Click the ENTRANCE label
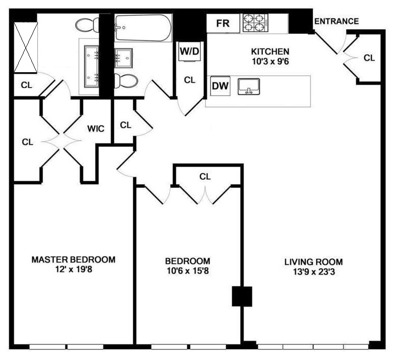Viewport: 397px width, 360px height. [336, 21]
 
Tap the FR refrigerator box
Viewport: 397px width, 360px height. [222, 23]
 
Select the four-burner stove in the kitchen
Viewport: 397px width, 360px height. [255, 22]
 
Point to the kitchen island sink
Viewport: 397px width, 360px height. [248, 87]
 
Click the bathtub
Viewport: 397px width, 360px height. [142, 27]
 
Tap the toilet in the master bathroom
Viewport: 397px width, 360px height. [86, 24]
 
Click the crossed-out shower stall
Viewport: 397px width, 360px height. [25, 47]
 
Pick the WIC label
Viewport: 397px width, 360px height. [96, 128]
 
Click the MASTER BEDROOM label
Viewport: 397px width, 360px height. [73, 259]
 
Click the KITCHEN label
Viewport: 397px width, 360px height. [270, 52]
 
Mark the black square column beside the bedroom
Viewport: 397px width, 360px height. [242, 296]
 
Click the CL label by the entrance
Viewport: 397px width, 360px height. [369, 58]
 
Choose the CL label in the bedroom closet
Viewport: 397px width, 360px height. [205, 177]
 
